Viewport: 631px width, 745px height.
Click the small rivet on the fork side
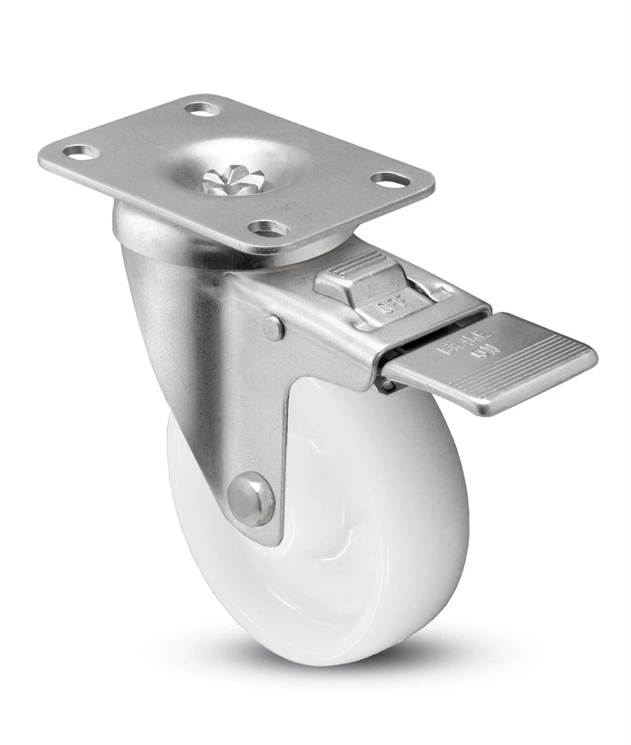click(272, 327)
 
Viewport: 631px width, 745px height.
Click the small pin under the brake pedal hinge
click(388, 386)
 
